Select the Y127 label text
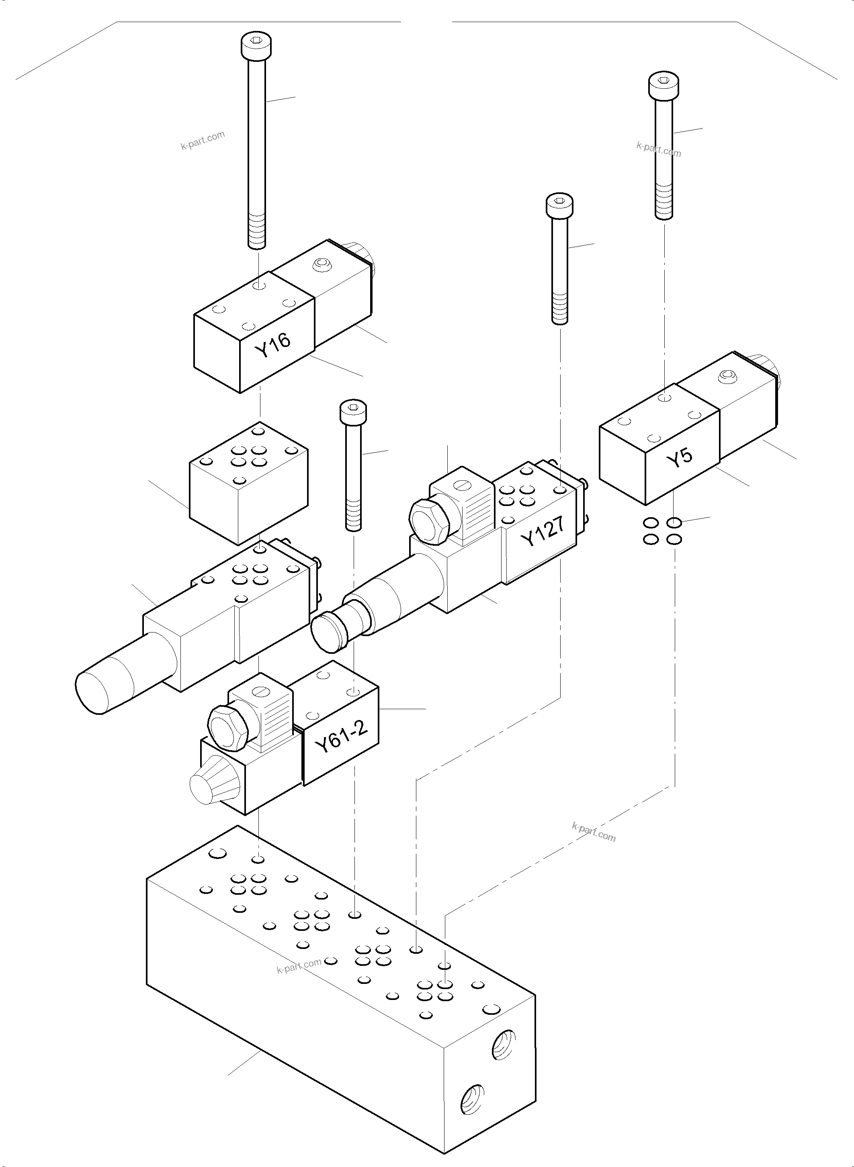point(542,532)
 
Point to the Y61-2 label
point(341,738)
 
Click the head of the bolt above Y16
point(257,45)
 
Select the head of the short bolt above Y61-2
point(353,412)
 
